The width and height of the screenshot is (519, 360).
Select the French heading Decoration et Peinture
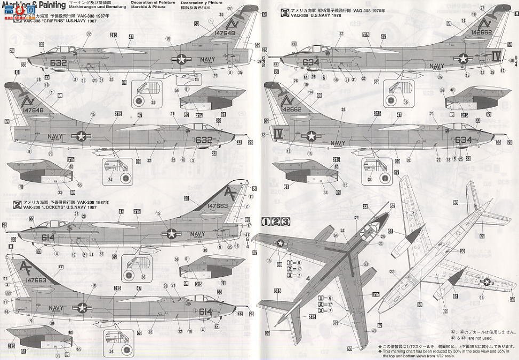(x=137, y=9)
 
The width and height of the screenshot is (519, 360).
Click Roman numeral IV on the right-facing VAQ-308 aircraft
(x=278, y=132)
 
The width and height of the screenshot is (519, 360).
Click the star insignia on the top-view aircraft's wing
(x=281, y=243)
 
